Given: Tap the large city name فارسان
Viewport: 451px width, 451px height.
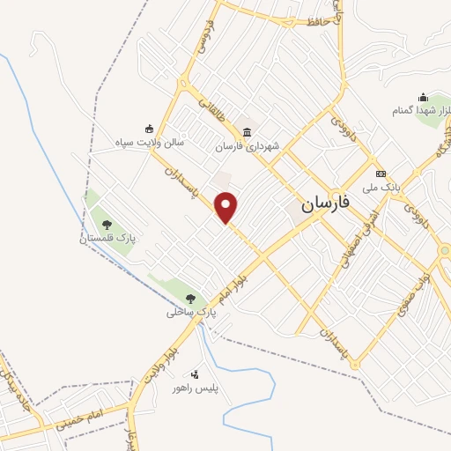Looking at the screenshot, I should [325, 203].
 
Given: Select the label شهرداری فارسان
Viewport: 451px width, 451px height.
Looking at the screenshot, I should [248, 146].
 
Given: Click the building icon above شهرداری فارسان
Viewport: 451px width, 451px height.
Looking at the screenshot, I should [248, 132].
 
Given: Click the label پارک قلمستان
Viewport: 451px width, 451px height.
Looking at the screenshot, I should [107, 239].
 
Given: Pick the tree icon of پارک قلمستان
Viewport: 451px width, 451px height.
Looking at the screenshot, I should [107, 225].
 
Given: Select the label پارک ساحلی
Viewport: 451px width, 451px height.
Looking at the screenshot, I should [193, 312].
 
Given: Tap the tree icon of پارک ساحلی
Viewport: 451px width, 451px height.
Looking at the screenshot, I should [193, 299].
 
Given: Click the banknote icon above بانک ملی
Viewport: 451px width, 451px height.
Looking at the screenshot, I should [381, 174].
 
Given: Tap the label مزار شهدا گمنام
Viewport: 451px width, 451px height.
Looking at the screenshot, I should [423, 111].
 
